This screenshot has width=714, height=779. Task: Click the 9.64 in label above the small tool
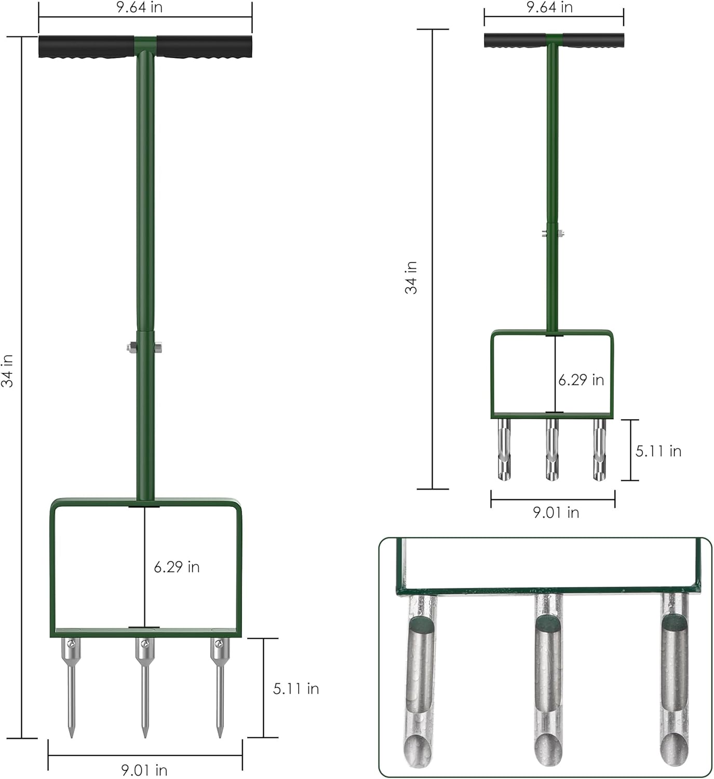click(x=549, y=7)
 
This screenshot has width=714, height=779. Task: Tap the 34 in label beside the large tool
click(x=8, y=370)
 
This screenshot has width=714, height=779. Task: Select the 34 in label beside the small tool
click(x=411, y=278)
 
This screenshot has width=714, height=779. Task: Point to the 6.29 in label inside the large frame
click(x=177, y=567)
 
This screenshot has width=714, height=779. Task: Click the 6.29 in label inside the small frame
click(x=581, y=380)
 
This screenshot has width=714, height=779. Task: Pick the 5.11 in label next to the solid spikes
click(x=296, y=689)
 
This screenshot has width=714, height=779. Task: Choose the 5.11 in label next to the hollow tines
click(x=658, y=451)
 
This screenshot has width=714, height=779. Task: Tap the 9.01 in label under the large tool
click(x=144, y=769)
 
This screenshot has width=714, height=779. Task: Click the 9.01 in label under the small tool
click(x=556, y=513)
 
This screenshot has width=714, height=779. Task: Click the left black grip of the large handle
click(x=86, y=47)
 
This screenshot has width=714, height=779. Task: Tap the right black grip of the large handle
click(x=204, y=47)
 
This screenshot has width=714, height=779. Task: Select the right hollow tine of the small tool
click(x=599, y=449)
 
